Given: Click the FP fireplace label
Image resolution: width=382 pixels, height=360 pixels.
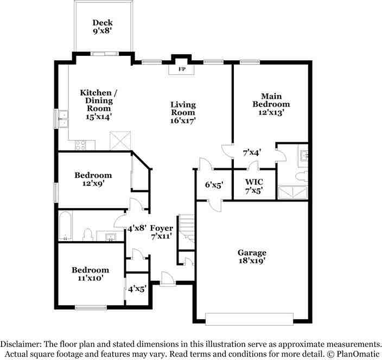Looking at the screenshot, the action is coord(182,69).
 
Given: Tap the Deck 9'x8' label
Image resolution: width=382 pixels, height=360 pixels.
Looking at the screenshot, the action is coord(103,27).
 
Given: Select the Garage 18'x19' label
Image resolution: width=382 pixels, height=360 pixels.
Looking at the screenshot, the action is coord(252,256).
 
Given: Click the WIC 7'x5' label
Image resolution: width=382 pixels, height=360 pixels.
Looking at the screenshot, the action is coord(254,186).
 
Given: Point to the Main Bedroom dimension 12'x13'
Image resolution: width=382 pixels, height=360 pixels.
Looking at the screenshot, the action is coord(271,112).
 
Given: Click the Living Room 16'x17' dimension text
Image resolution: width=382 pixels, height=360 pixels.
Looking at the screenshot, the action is coord(183,121).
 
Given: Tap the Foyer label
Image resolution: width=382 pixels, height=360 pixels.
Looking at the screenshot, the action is coord(162,228).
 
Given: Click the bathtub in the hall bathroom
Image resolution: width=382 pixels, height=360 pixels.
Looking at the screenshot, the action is coord(66,226).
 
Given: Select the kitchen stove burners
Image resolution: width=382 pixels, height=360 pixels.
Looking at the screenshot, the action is coord(80,146).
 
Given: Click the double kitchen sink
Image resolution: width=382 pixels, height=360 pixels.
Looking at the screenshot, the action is coord(63,119).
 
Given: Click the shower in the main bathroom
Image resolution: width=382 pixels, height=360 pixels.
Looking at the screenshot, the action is coord(293,193).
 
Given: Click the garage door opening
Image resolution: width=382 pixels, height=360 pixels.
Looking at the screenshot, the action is coord(249,319).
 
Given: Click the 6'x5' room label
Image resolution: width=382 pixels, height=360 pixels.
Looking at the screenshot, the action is coord(214,185).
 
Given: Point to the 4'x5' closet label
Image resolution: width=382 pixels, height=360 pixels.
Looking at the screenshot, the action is coord(137,289).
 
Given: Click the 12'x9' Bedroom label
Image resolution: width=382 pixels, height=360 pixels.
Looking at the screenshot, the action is coord(93,179).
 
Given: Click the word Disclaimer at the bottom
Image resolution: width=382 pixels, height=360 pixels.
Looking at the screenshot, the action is coord(21,344).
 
